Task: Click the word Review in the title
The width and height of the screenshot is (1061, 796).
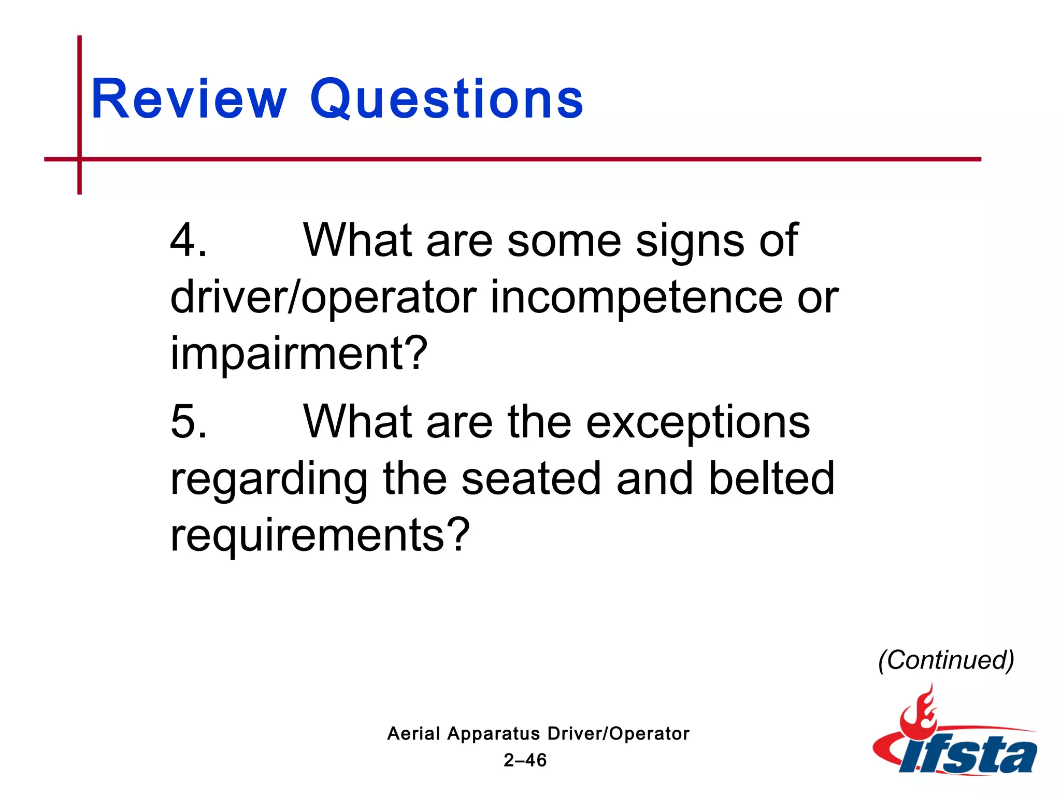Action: (x=189, y=99)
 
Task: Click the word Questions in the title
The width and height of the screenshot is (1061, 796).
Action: (x=447, y=99)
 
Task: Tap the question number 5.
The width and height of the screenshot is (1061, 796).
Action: (x=188, y=422)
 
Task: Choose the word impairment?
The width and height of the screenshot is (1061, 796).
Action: (x=299, y=354)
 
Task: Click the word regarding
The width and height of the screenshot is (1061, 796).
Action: (x=269, y=480)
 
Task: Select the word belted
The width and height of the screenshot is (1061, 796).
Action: (x=771, y=479)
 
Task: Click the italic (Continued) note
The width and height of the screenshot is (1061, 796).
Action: (x=946, y=660)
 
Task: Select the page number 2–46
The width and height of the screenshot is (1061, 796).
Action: (x=525, y=760)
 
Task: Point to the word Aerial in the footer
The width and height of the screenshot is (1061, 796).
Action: (x=413, y=734)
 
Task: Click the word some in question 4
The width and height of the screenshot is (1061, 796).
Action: (x=564, y=241)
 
